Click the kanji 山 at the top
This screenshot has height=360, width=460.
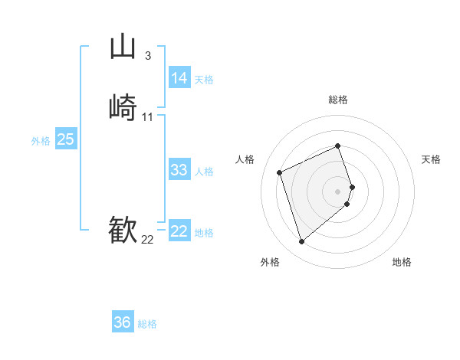[123, 47]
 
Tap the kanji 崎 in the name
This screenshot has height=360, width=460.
[123, 107]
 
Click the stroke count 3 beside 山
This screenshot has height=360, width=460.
[147, 55]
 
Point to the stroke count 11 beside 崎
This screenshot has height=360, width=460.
[147, 116]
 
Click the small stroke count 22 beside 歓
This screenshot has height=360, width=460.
[147, 239]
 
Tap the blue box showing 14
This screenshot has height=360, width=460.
[179, 78]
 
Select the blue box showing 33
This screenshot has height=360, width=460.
[179, 170]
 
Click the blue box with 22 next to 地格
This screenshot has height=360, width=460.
[179, 231]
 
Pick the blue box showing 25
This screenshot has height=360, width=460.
[66, 139]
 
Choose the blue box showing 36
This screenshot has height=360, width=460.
[123, 322]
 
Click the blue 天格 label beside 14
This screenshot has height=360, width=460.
[204, 80]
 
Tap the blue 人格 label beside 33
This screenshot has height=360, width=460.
[204, 172]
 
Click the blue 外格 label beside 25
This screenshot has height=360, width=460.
[41, 141]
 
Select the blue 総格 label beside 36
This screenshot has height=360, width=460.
[147, 324]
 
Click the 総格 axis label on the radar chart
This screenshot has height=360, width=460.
[337, 100]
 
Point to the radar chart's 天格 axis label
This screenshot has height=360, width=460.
[431, 159]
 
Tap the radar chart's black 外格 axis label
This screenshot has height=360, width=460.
[270, 263]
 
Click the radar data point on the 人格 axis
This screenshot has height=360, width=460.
[281, 172]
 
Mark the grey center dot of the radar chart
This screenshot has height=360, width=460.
[337, 190]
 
